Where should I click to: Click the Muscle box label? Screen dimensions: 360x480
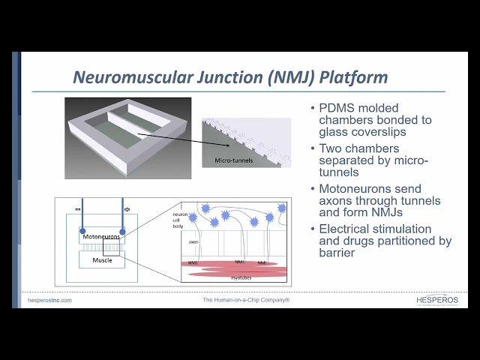click(102, 259)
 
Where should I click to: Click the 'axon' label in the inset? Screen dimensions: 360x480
click(193, 242)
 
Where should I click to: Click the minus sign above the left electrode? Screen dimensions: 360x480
click(77, 208)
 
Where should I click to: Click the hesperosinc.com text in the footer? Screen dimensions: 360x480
click(49, 300)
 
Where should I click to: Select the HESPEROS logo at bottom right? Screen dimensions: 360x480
click(436, 300)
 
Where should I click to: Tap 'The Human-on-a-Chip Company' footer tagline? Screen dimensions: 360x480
click(246, 300)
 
